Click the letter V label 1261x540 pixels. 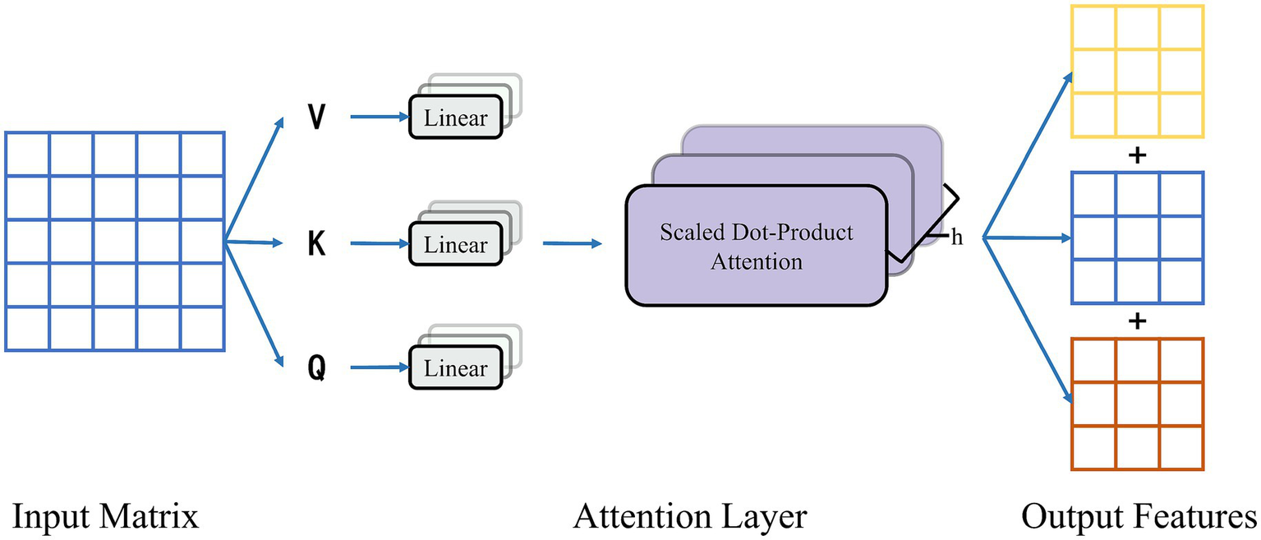pos(315,118)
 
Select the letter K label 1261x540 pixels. pos(315,244)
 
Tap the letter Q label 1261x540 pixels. pos(315,369)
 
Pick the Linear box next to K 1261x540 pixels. pos(455,245)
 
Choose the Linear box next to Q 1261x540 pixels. pos(455,369)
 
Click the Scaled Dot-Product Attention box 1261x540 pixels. pos(756,246)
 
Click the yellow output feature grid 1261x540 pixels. pos(1137,72)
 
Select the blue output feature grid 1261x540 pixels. pos(1137,238)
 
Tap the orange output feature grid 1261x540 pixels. pos(1137,404)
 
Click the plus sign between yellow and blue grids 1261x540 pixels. pos(1138,155)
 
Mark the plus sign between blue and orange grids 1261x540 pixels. pos(1138,321)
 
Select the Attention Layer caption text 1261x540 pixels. pos(690,517)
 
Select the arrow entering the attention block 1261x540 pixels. pos(573,243)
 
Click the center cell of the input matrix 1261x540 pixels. pos(114,242)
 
